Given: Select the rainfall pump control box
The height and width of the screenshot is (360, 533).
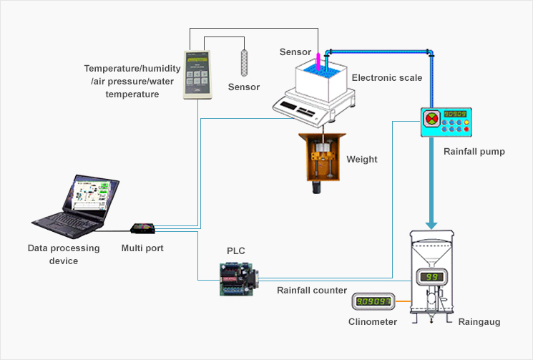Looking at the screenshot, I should pyautogui.click(x=446, y=122).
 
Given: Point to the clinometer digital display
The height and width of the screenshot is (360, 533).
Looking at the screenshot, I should pyautogui.click(x=373, y=302).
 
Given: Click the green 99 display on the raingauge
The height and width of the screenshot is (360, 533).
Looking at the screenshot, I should pyautogui.click(x=432, y=277).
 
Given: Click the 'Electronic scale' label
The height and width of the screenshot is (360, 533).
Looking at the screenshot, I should pyautogui.click(x=386, y=77).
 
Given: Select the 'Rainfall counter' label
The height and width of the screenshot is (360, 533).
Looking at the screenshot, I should pyautogui.click(x=312, y=290).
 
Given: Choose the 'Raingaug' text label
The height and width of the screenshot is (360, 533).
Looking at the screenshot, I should pyautogui.click(x=479, y=322).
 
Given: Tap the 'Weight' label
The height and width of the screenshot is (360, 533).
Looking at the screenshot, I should pyautogui.click(x=361, y=159).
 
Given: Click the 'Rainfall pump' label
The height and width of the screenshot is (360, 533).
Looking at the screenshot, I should pyautogui.click(x=474, y=152).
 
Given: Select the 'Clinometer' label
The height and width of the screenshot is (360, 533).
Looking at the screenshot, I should pyautogui.click(x=373, y=322).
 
